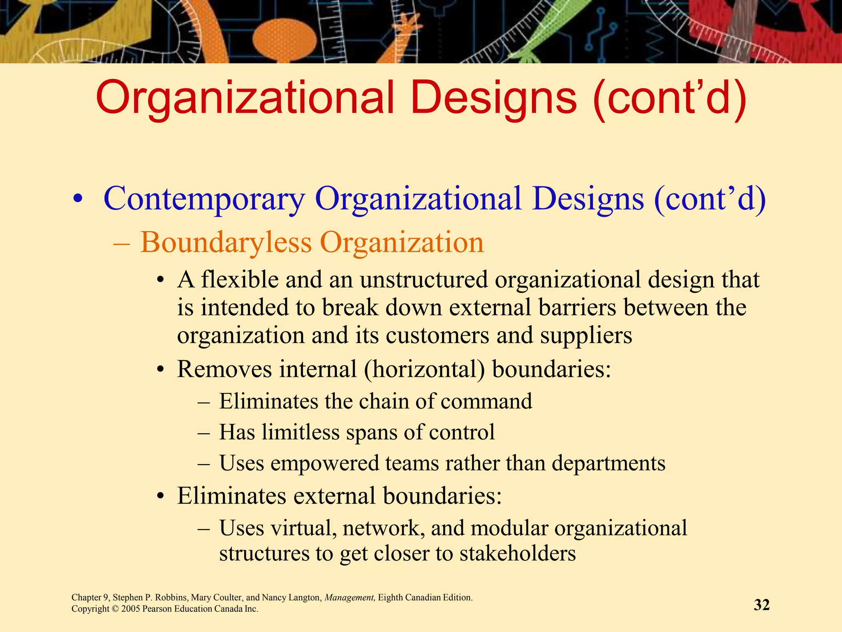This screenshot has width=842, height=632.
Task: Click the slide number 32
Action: pos(761,605)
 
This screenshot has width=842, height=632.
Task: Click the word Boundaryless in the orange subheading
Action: pos(226,242)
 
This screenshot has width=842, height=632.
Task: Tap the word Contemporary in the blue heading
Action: pos(204,199)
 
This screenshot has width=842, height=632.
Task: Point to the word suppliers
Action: pos(586,335)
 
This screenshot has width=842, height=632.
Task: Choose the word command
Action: pos(486,401)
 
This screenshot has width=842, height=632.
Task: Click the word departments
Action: pos(608,463)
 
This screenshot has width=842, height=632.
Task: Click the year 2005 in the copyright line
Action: pos(131,609)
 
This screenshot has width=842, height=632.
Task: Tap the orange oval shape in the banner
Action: pos(285,39)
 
